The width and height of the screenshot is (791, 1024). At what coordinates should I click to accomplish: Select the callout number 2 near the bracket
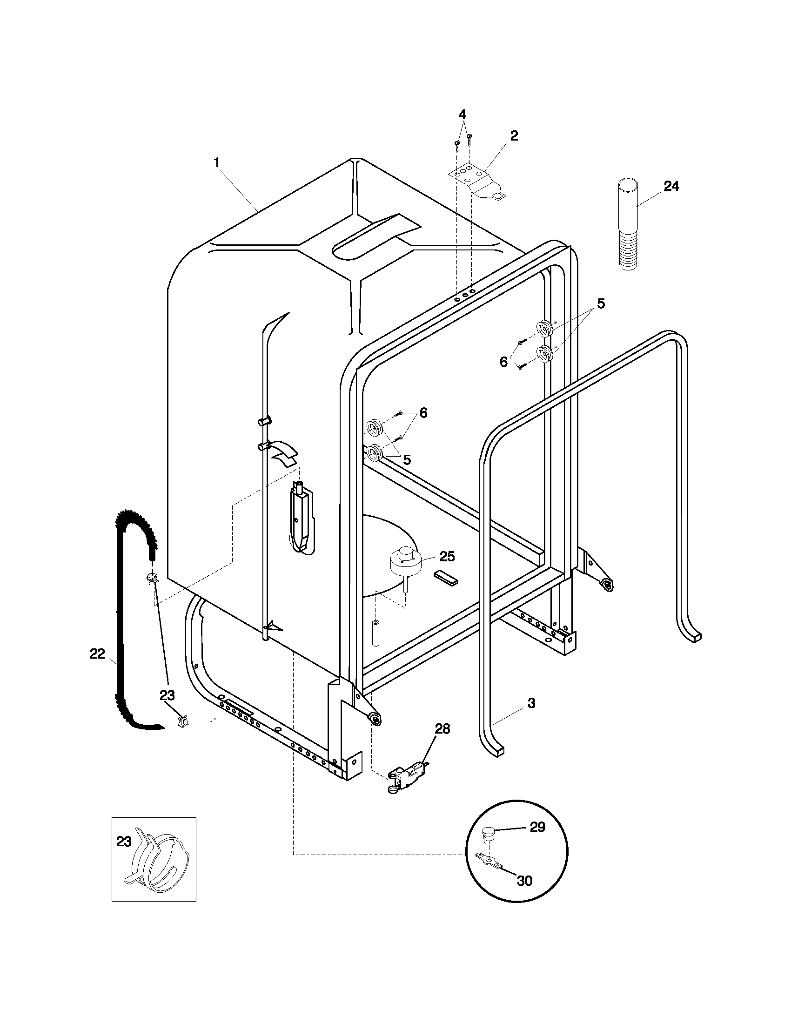(514, 136)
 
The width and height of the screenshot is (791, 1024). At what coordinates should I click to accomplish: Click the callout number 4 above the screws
(462, 115)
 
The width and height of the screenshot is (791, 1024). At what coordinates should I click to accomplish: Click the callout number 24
(671, 186)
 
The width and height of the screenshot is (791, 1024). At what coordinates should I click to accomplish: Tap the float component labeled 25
(404, 560)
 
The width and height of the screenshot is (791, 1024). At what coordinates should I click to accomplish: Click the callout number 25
(447, 557)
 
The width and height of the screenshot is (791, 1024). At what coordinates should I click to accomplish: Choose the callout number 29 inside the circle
(537, 827)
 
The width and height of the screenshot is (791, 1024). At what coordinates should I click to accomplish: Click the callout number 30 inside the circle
(524, 881)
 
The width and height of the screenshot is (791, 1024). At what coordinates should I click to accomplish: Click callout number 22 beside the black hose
(97, 653)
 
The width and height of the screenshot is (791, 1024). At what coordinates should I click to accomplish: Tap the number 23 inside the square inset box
(124, 842)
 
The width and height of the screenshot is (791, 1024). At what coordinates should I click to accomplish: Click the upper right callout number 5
(601, 303)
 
